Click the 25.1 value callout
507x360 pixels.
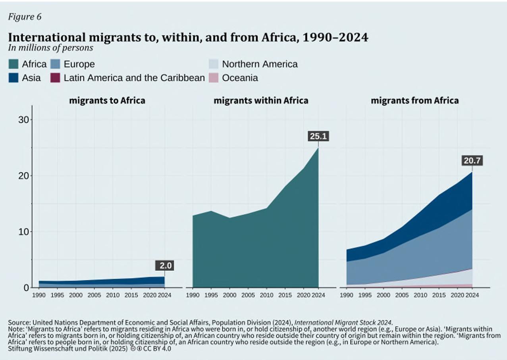pyautogui.click(x=318, y=137)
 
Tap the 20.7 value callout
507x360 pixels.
pyautogui.click(x=472, y=161)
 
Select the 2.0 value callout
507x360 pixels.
pyautogui.click(x=164, y=266)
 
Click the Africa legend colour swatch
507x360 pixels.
pyautogui.click(x=13, y=64)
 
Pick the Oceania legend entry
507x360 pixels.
pyautogui.click(x=240, y=78)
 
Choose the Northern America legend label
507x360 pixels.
pyautogui.click(x=260, y=64)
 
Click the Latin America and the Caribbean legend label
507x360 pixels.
pyautogui.click(x=134, y=78)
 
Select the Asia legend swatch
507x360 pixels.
pyautogui.click(x=13, y=78)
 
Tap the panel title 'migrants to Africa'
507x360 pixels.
pyautogui.click(x=107, y=100)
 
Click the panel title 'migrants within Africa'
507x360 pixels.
pyautogui.click(x=261, y=100)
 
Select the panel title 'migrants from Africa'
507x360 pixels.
pyautogui.click(x=414, y=100)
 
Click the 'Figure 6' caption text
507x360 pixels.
pyautogui.click(x=25, y=17)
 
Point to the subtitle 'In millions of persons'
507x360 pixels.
pyautogui.click(x=50, y=48)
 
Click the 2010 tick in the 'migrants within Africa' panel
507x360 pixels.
pyautogui.click(x=266, y=295)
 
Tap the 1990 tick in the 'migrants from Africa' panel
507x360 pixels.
pyautogui.click(x=347, y=295)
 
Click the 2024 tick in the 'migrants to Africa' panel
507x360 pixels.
pyautogui.click(x=164, y=295)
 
